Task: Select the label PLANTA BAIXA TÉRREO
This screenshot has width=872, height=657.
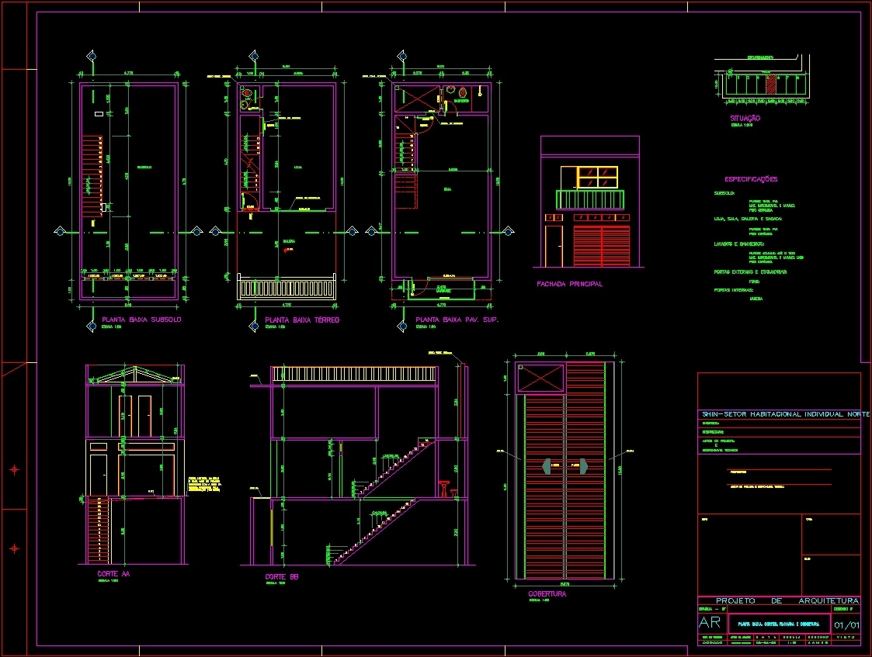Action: pyautogui.click(x=302, y=320)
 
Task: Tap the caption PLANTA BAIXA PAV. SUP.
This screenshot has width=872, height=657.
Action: pyautogui.click(x=457, y=320)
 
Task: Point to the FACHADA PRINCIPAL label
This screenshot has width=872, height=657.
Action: pyautogui.click(x=569, y=284)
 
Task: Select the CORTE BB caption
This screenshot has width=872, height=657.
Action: pyautogui.click(x=282, y=577)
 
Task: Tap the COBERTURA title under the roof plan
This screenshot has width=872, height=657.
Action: pyautogui.click(x=547, y=594)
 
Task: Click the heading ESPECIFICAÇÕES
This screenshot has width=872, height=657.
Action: pyautogui.click(x=751, y=179)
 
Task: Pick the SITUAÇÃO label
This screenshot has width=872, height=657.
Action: pyautogui.click(x=745, y=118)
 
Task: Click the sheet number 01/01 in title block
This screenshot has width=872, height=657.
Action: pyautogui.click(x=846, y=624)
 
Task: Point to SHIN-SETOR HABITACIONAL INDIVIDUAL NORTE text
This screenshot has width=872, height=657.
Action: pyautogui.click(x=785, y=414)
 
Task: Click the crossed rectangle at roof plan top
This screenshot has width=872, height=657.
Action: pyautogui.click(x=540, y=379)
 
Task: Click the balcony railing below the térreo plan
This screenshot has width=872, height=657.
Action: pyautogui.click(x=287, y=289)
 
